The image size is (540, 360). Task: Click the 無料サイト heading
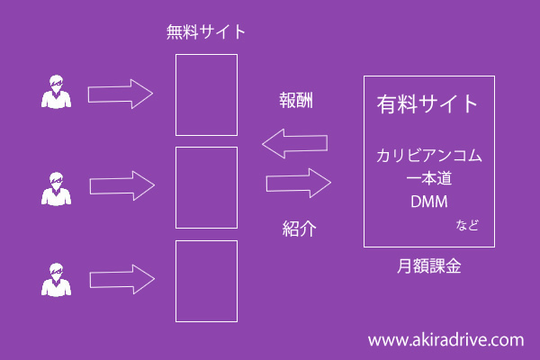206,33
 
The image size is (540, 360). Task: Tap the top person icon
57,93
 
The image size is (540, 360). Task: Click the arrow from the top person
121,94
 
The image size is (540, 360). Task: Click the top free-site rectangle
206,94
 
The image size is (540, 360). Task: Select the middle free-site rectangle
206,187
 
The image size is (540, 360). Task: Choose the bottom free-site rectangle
206,281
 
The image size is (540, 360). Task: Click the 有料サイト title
427,104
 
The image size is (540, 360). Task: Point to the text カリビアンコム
428,156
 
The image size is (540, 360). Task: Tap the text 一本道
428,177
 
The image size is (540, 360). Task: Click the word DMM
428,200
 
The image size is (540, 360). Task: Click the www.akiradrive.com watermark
445,340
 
